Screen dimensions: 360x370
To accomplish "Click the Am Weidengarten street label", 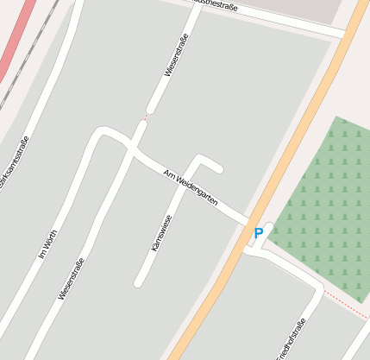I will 191,188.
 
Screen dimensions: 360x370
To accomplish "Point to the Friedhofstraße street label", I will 292,340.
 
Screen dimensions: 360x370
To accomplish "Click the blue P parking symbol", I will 258,233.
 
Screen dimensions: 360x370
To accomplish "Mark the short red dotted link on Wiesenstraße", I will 146,116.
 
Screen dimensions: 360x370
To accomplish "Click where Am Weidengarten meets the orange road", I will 251,219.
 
